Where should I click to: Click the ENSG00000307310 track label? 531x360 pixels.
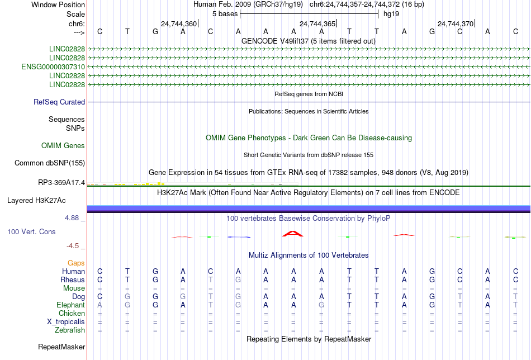point(53,67)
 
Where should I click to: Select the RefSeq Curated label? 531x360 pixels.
point(59,102)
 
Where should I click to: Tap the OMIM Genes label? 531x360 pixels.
point(63,146)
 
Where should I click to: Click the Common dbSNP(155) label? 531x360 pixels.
point(50,163)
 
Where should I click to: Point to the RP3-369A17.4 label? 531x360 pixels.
point(61,183)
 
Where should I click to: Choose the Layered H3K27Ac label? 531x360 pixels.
point(36,201)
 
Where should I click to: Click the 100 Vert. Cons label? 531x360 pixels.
point(31,231)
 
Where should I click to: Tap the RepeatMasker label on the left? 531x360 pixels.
point(61,347)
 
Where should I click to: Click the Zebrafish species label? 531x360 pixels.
point(70,330)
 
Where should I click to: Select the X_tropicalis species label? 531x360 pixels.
point(66,322)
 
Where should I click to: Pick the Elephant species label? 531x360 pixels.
point(71,305)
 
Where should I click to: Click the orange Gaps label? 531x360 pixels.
point(76,263)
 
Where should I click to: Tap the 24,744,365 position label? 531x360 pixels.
point(317,23)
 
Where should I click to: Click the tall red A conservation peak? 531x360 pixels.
point(293,233)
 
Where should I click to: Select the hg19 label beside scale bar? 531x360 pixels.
point(391,14)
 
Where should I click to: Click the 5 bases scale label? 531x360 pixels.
point(225,14)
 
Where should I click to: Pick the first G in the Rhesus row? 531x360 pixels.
point(155,280)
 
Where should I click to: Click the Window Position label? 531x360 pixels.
point(58,4)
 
